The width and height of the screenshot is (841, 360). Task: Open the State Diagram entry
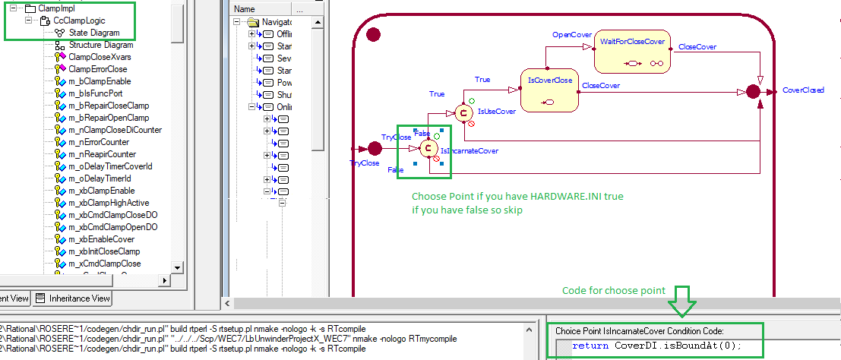[94, 33]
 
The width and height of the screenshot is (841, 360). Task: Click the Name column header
[245, 9]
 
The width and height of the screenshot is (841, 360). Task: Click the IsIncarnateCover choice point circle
[428, 147]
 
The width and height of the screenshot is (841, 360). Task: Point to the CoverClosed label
[803, 90]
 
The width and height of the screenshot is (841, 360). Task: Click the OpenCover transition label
[571, 35]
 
